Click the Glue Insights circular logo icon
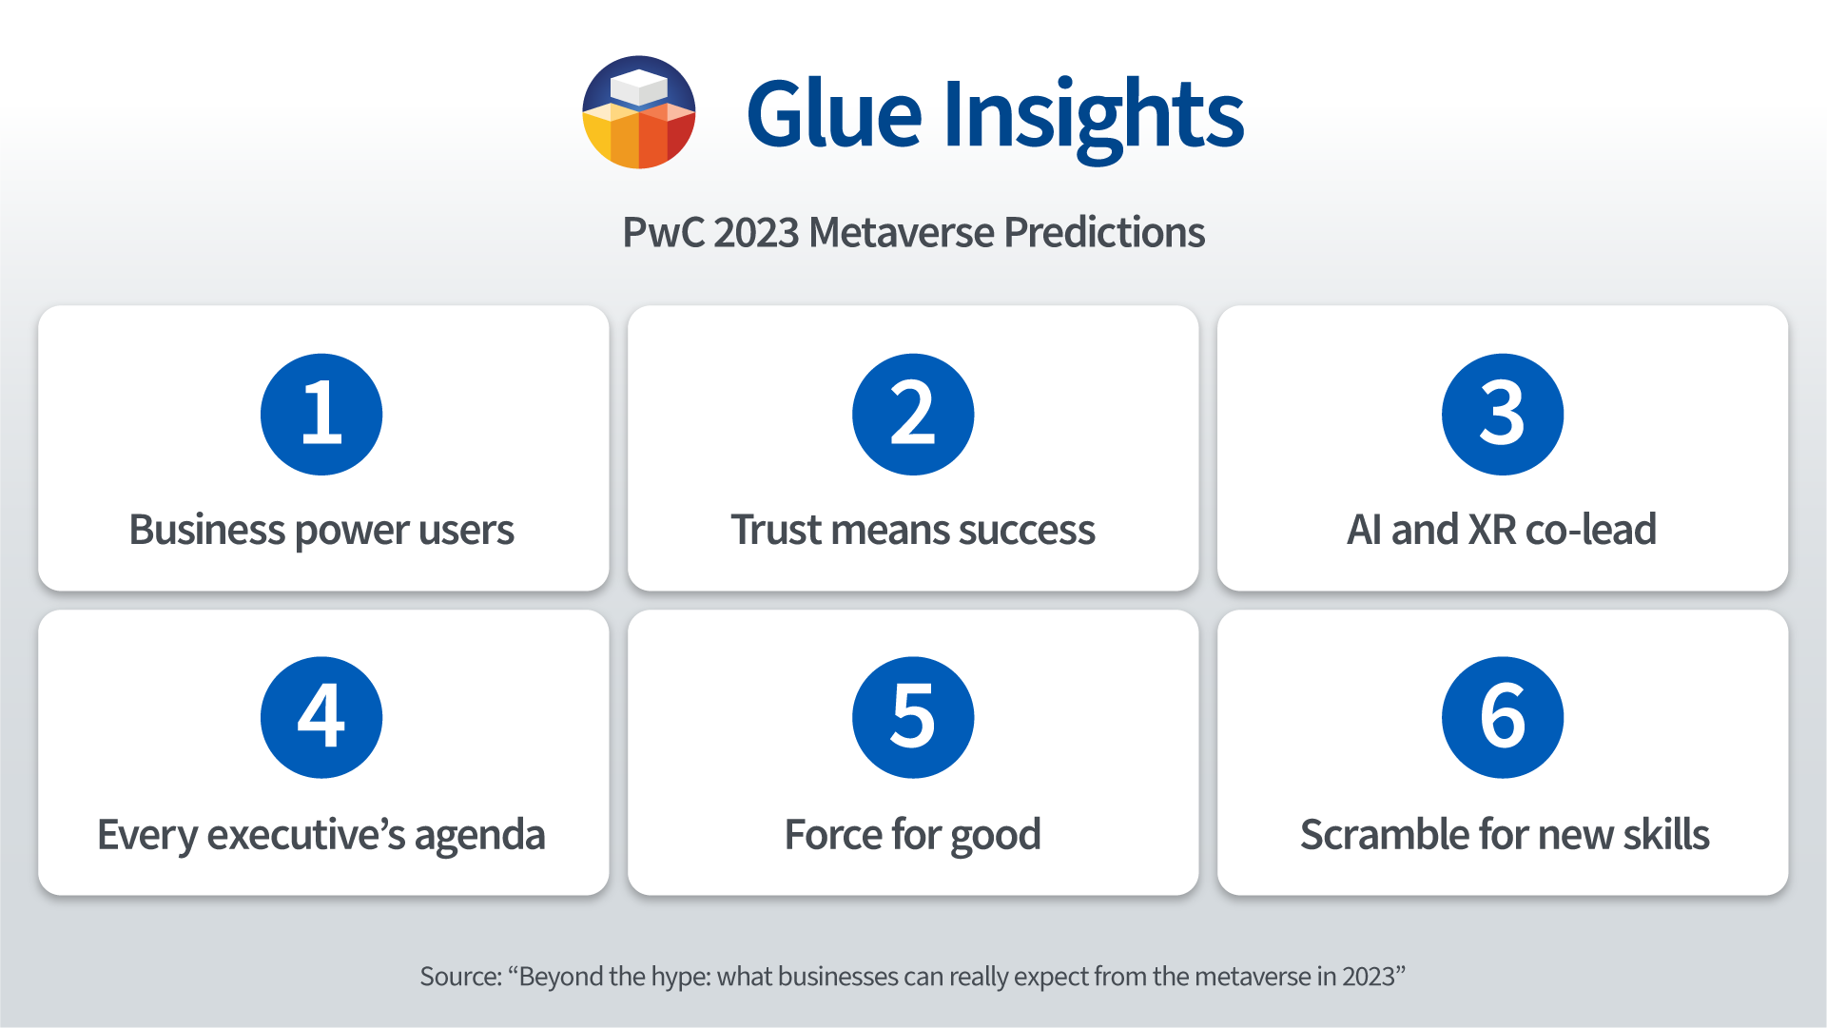coord(639,112)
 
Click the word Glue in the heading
coord(834,113)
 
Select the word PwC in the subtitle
coord(663,232)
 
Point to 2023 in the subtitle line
coord(756,232)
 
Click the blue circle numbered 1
coord(321,415)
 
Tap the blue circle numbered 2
coord(913,415)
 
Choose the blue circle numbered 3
coord(1503,415)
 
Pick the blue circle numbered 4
coord(321,718)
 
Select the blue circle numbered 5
coord(913,718)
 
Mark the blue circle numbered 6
coord(1503,718)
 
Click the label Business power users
coord(321,531)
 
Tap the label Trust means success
coord(913,530)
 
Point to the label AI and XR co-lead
coord(1502,530)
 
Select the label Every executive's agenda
coord(321,836)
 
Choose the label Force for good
coord(913,836)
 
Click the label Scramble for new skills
coord(1505,834)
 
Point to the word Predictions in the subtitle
coord(1104,232)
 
